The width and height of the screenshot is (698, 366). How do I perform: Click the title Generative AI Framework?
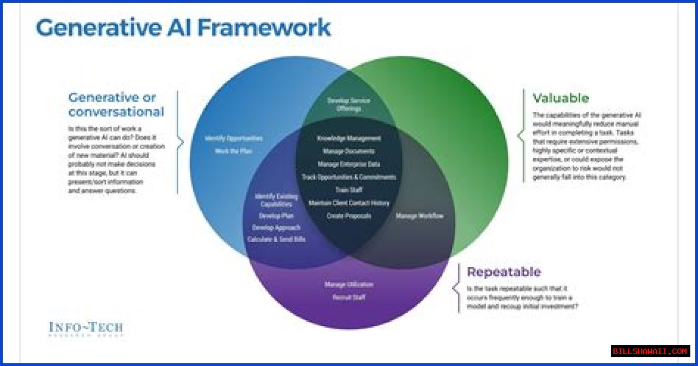[183, 27]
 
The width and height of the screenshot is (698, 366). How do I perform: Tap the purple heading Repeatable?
[503, 271]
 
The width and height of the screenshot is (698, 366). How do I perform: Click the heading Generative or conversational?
[116, 105]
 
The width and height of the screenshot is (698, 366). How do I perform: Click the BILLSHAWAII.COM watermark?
[650, 351]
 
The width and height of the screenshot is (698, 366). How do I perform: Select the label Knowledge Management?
[349, 138]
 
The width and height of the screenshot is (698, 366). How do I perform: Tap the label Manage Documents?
[349, 151]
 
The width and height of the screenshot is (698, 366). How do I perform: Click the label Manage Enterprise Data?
[349, 164]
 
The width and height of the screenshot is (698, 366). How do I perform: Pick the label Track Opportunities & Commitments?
[349, 177]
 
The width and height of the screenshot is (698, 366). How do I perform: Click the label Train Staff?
[349, 190]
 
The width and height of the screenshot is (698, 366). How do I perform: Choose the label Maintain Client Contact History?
[349, 203]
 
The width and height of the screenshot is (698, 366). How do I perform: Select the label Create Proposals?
[349, 216]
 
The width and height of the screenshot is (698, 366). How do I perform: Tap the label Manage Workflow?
[419, 216]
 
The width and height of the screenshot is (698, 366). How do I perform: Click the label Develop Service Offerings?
[349, 104]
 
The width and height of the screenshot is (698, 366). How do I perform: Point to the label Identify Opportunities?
[233, 138]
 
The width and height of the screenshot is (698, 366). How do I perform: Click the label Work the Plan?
[233, 151]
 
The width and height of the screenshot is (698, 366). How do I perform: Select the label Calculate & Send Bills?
[276, 239]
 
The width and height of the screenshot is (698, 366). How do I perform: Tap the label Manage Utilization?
[349, 285]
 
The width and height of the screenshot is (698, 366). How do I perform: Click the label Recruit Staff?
[349, 298]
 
